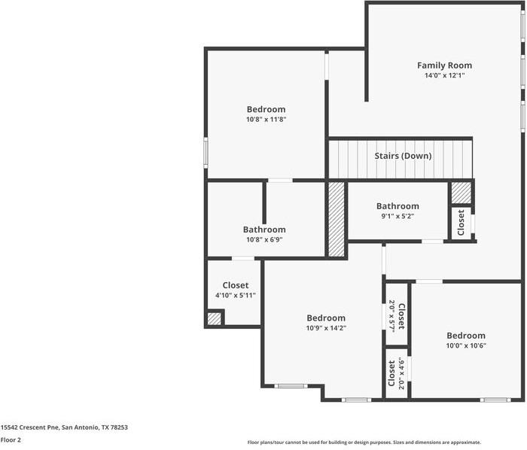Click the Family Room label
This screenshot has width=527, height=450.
tap(444, 65)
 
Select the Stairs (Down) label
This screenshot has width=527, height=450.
tap(404, 157)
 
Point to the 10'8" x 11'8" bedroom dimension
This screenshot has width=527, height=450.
tap(266, 119)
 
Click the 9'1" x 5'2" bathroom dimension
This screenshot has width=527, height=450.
tap(398, 216)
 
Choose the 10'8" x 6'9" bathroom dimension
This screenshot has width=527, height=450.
tap(263, 240)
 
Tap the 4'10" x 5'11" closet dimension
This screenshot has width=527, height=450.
tap(235, 296)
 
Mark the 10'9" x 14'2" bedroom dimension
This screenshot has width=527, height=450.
tap(325, 328)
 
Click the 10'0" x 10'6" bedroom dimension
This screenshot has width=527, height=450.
tap(466, 345)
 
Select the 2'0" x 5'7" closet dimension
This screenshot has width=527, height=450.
tap(391, 316)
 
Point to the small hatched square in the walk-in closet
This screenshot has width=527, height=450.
tap(215, 318)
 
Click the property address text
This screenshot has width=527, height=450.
tap(64, 427)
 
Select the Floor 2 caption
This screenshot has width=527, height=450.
tap(11, 439)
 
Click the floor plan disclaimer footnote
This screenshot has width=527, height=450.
tap(364, 442)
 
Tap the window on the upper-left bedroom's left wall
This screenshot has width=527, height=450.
tap(206, 151)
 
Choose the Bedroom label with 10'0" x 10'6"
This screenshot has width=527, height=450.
tap(466, 336)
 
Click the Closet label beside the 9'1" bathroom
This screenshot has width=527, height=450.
tap(461, 223)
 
